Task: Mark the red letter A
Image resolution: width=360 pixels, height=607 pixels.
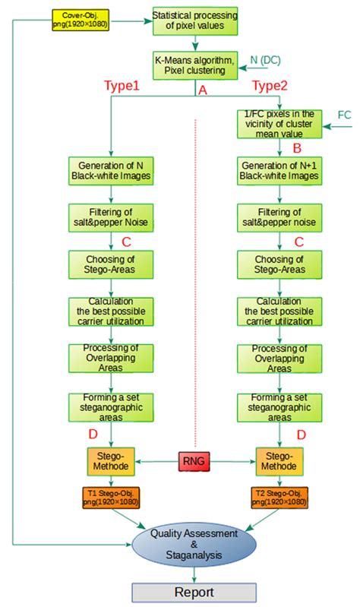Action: (x=203, y=90)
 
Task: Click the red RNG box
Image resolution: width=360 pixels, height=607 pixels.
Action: (x=195, y=460)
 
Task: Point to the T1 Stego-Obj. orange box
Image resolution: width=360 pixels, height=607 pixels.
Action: (x=112, y=498)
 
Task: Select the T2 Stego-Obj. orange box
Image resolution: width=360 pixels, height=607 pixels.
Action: (x=279, y=498)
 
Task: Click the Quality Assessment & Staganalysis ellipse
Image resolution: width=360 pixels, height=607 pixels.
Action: (x=196, y=545)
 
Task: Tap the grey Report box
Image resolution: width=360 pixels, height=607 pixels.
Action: (x=196, y=593)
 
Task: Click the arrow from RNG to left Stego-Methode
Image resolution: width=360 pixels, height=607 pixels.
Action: (x=156, y=460)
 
